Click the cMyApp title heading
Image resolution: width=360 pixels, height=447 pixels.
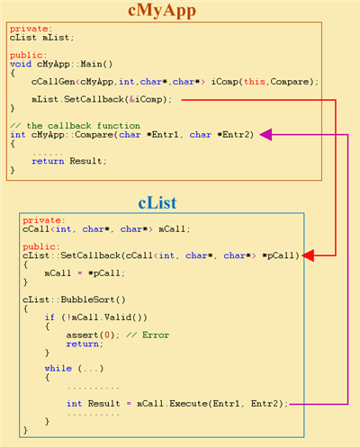(x=162, y=11)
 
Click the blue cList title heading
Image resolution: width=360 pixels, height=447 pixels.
(x=157, y=202)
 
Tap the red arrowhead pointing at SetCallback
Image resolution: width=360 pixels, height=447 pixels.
(x=308, y=255)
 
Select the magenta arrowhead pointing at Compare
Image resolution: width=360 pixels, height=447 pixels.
(x=265, y=135)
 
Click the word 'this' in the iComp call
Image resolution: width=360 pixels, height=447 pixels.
(x=255, y=82)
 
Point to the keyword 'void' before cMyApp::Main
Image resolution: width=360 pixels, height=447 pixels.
(x=21, y=64)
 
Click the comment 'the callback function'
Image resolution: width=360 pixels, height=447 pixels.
(x=83, y=126)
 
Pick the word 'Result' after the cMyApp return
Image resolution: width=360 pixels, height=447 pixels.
(x=85, y=161)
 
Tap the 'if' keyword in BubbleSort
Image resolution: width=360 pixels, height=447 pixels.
(x=49, y=317)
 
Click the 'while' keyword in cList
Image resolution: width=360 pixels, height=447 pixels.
(x=58, y=368)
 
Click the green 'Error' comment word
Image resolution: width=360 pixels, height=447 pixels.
(x=156, y=335)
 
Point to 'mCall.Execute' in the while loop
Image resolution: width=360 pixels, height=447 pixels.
(x=172, y=404)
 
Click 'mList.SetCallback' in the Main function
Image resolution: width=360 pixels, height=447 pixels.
(x=77, y=99)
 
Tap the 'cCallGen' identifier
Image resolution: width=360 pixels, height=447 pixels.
(x=53, y=82)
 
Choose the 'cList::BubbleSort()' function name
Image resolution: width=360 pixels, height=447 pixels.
(x=74, y=299)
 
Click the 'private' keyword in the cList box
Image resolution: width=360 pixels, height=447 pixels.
(x=42, y=220)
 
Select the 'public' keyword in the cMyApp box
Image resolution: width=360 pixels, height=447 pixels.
(x=26, y=55)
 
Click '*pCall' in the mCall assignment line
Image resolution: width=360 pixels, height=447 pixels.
(x=104, y=273)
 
